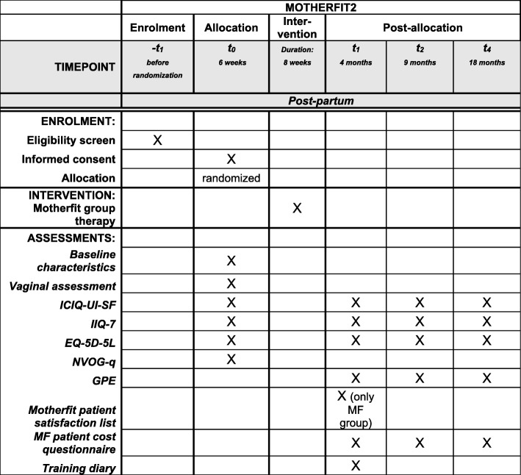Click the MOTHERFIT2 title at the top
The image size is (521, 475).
point(320,7)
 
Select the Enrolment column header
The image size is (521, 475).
point(157,28)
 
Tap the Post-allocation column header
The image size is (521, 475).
point(422,28)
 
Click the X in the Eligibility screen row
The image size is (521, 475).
point(157,140)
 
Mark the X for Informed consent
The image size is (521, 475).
point(231,158)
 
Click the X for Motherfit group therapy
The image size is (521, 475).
point(297,208)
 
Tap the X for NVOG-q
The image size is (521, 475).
point(231,358)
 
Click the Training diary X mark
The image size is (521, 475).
point(356,465)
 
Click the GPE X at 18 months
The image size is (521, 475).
point(486,377)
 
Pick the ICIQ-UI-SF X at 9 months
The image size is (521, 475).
point(420,302)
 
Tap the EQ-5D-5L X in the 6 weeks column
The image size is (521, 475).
point(231,340)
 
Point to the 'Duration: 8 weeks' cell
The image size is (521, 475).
point(297,68)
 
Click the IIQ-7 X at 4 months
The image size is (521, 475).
point(356,321)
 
